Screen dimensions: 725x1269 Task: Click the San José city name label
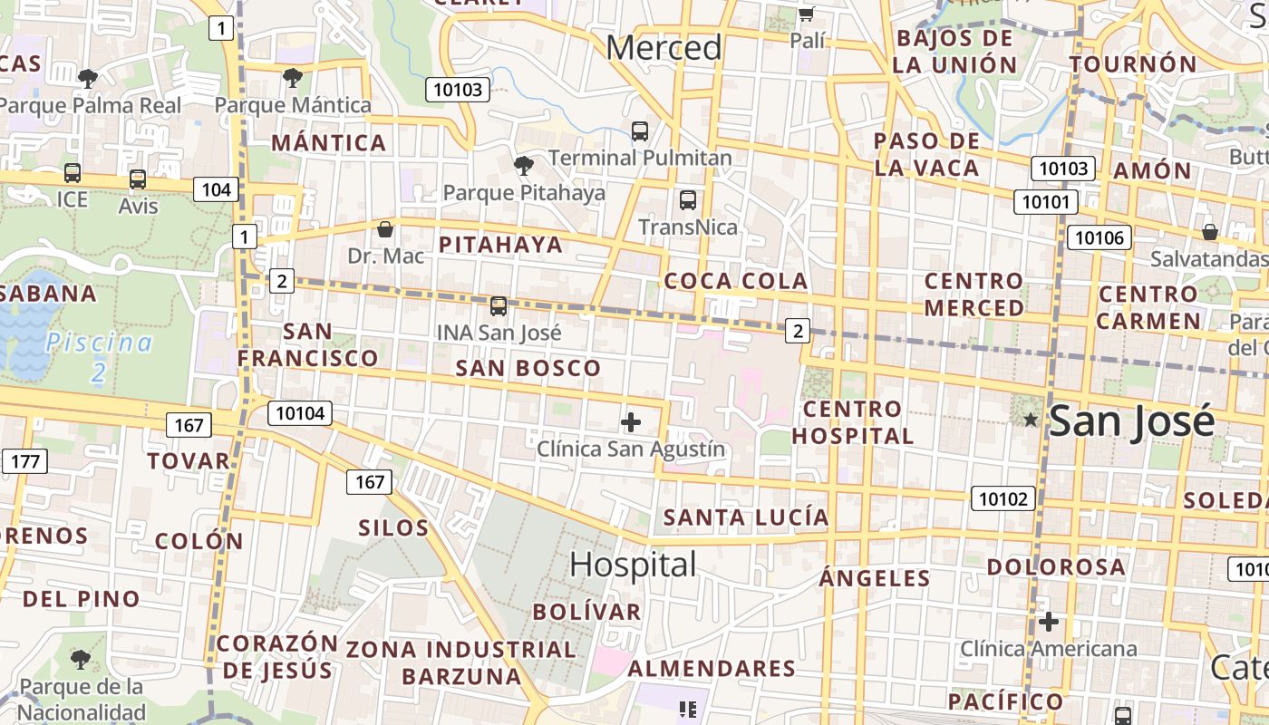[x=1131, y=422]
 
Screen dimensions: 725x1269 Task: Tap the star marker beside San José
[x=1031, y=420]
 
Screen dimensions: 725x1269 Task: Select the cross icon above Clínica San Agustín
[x=631, y=422]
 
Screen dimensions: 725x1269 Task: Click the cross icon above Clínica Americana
[x=1049, y=622]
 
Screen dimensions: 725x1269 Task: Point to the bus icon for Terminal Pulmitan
[x=640, y=131]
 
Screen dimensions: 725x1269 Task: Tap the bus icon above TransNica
[x=688, y=200]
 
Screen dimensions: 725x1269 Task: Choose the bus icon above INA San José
[x=499, y=306]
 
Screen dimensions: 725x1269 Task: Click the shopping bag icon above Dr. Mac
[x=385, y=229]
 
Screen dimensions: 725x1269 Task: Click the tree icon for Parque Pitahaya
[x=523, y=165]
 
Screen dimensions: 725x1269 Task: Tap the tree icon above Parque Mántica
[x=292, y=78]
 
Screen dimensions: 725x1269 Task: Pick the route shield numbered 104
[x=216, y=189]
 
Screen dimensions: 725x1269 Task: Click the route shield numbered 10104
[x=300, y=414]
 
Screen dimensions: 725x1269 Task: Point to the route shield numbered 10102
[x=1003, y=498]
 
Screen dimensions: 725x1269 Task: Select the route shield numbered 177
[x=24, y=461]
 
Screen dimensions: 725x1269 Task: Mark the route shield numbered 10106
[x=1099, y=238]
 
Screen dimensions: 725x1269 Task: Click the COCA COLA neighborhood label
[x=736, y=281]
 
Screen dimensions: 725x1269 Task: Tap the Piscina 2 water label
[x=99, y=356]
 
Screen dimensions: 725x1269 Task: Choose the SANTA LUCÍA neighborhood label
[x=746, y=517]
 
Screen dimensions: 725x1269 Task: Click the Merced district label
[x=664, y=47]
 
